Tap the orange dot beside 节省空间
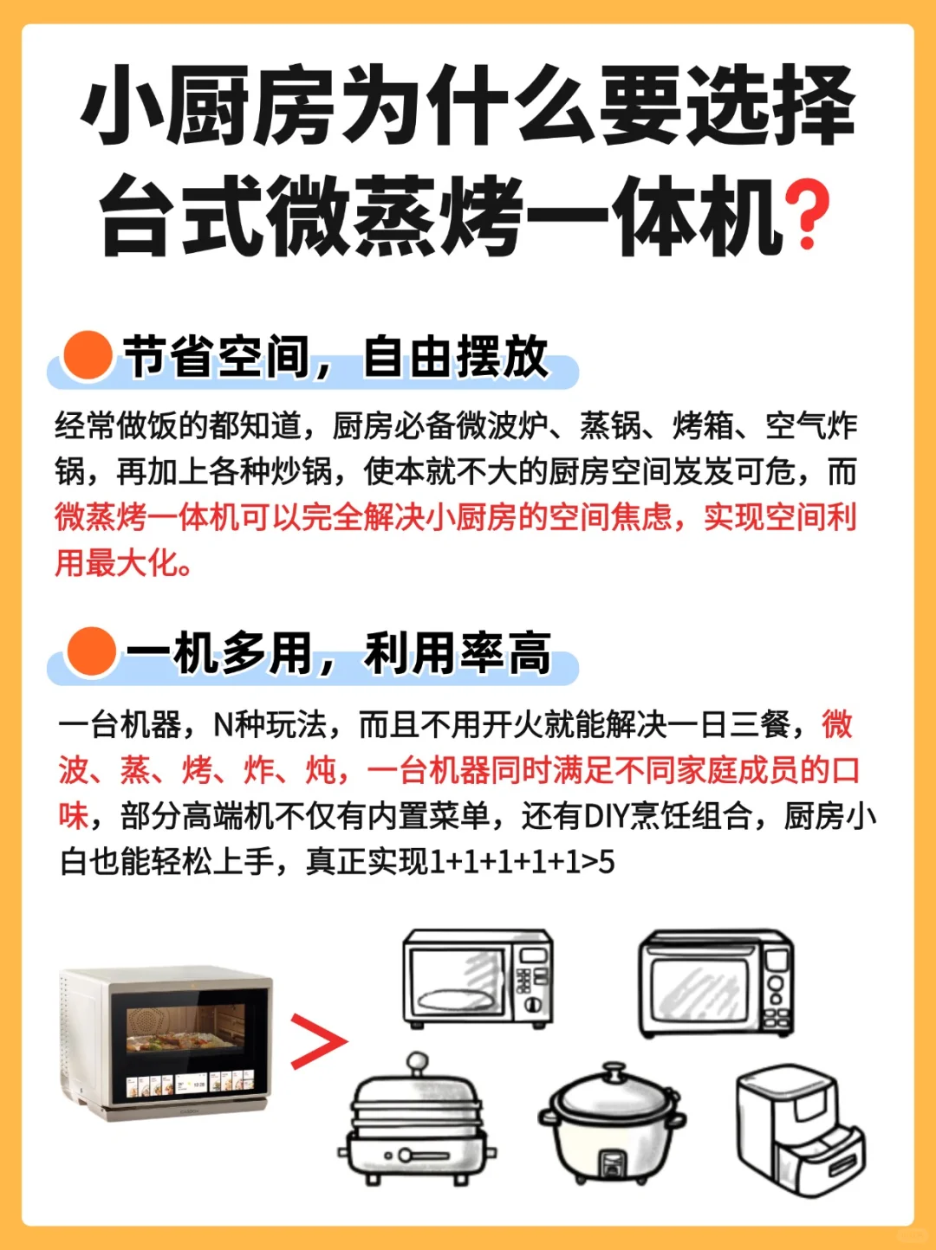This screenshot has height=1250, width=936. coord(88,355)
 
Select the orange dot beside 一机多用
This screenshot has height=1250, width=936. coord(91,652)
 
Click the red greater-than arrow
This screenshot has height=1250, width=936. coord(318,1041)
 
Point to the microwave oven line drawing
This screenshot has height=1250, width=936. coord(478,978)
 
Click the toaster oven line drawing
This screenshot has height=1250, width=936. coord(716,984)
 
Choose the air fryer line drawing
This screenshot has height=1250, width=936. coord(801,1131)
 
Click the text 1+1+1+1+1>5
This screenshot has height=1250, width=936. coord(522,862)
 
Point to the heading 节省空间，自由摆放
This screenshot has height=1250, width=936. coord(336,357)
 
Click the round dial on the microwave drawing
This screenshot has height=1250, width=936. coord(533,1004)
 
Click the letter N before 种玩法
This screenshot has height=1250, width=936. coord(222,725)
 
